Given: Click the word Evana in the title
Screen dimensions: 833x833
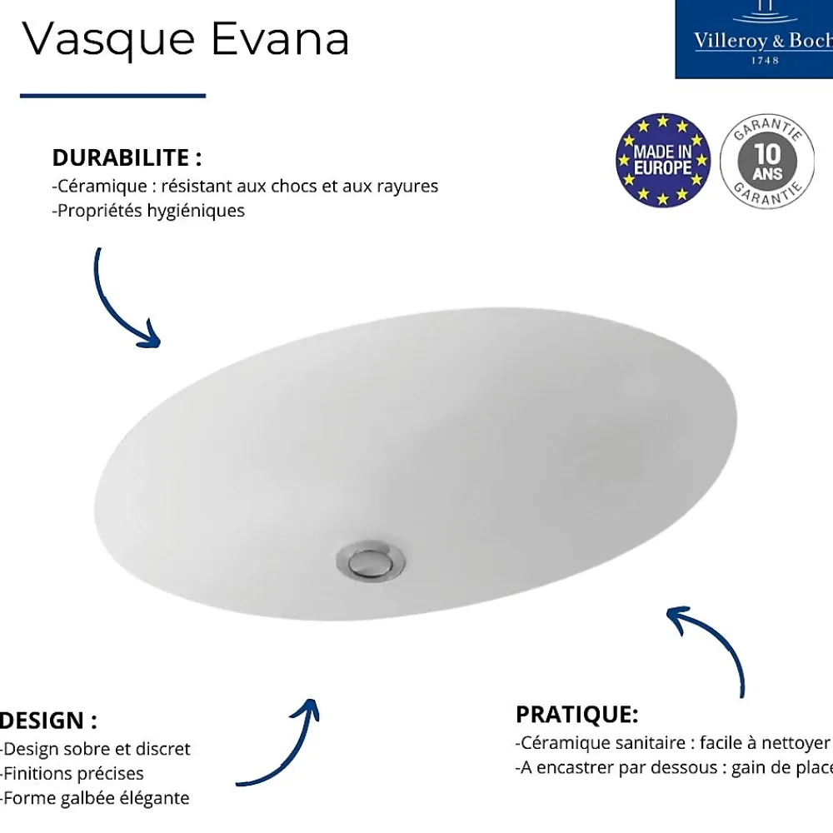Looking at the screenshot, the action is point(280,38).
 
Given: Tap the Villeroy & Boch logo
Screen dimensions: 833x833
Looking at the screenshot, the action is point(754,39).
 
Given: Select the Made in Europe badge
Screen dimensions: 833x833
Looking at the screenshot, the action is point(663,160).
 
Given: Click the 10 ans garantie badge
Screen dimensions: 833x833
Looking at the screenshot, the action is point(767,160).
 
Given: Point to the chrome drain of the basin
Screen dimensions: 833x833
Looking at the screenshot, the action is point(371,561).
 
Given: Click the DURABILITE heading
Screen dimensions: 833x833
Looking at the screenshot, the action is point(127,157).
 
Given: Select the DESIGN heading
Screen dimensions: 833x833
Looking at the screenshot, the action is point(48,721).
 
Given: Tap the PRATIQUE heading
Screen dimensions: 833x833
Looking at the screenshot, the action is point(577,715).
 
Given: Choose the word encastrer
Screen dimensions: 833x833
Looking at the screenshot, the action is point(574,767).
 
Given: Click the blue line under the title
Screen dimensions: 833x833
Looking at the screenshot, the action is point(112,96).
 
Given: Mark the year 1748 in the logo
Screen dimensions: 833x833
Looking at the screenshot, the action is point(765,61).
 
